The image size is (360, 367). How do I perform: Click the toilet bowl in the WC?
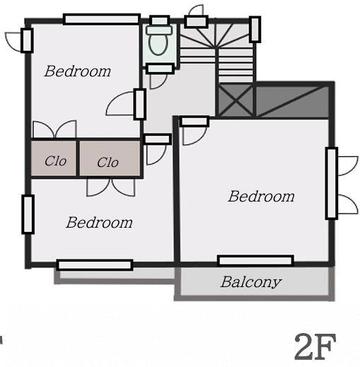coord(158,45)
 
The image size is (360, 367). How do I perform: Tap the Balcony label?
coord(251,282)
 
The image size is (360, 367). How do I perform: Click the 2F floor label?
coord(315,346)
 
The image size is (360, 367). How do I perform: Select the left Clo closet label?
coord(55,161)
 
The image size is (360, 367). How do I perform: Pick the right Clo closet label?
coord(108,163)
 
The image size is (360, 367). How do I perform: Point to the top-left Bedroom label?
coord(78,71)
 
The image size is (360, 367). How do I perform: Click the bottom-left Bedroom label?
coord(99,223)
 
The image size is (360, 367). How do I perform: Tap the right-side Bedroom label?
coord(261,197)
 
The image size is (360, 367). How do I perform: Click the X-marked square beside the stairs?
coord(236,101)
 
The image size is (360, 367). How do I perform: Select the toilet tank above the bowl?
coord(159,30)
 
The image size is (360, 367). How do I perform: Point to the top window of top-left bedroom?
coord(102,19)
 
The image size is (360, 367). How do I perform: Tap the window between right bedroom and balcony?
coord(255,261)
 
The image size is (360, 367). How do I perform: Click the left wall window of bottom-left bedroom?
coord(28,214)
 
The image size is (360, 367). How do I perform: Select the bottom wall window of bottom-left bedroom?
coord(95,265)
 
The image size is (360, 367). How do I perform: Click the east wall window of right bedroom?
coord(332,183)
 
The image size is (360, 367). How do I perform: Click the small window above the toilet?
coord(160,21)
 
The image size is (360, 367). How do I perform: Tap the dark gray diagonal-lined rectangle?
coord(292,101)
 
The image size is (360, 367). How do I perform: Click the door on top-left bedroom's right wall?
coord(126,104)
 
